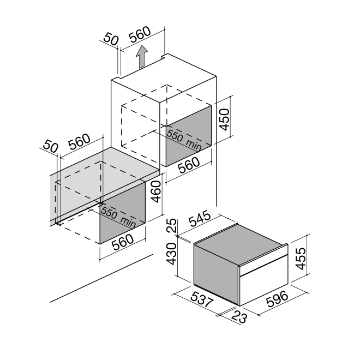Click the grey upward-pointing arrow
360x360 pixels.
pyautogui.click(x=142, y=57)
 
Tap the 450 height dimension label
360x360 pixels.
pyautogui.click(x=224, y=119)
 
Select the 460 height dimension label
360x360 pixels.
pyautogui.click(x=157, y=191)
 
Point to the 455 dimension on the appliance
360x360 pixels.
pyautogui.click(x=301, y=259)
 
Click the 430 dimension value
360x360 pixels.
pyautogui.click(x=171, y=254)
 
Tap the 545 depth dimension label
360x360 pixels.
pyautogui.click(x=200, y=218)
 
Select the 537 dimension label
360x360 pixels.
pyautogui.click(x=202, y=299)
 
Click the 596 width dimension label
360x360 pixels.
pyautogui.click(x=277, y=299)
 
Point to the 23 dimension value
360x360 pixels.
pyautogui.click(x=239, y=317)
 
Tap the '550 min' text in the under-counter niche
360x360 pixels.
pyautogui.click(x=118, y=217)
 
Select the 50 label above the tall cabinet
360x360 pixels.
pyautogui.click(x=111, y=39)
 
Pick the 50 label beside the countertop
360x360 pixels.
pyautogui.click(x=51, y=146)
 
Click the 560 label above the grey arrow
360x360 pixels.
pyautogui.click(x=140, y=34)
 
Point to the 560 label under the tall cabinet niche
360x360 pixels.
pyautogui.click(x=189, y=165)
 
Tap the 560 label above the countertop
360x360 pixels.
pyautogui.click(x=80, y=142)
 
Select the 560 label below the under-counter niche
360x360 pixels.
pyautogui.click(x=123, y=242)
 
